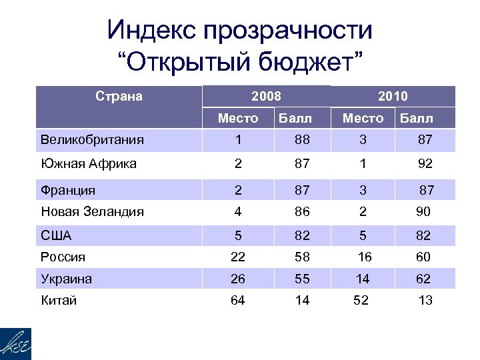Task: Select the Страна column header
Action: coord(119,96)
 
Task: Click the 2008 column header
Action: coord(267,96)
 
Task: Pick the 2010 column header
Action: coord(393,97)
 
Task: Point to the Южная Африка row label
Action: coord(88,164)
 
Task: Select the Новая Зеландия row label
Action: coord(92,212)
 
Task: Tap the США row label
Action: coord(56,235)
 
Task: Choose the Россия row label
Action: coord(63,257)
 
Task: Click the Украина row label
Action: coord(66,279)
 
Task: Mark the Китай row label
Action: coord(59,301)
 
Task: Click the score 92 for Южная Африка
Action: coord(425,164)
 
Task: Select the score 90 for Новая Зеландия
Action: coord(423,212)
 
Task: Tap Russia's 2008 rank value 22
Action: coord(237,257)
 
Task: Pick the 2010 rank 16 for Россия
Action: coord(363,257)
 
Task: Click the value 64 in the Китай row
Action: coord(237,301)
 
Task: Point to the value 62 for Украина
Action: coord(423,279)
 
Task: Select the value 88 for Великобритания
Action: coord(303,140)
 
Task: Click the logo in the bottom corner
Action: coord(17,343)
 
